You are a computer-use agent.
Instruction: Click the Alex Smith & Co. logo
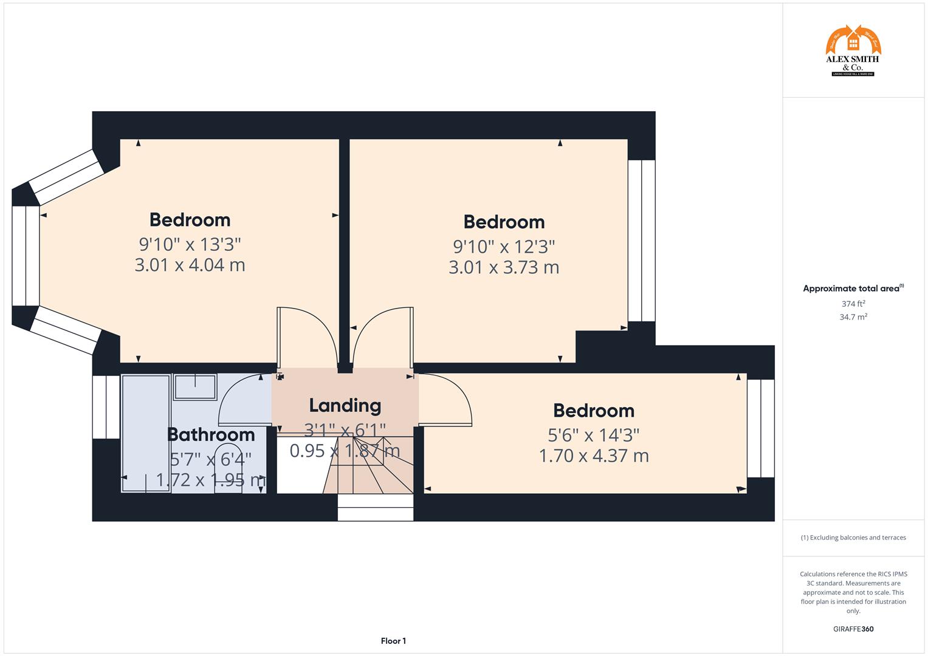(x=853, y=51)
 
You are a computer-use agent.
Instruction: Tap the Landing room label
(x=345, y=405)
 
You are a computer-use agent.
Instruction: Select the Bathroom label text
(x=211, y=434)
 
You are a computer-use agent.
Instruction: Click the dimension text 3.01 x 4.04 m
(x=190, y=265)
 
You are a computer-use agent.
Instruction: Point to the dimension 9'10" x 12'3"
(x=504, y=247)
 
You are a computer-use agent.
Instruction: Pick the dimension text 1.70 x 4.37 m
(x=594, y=456)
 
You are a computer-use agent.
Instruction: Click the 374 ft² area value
(x=853, y=304)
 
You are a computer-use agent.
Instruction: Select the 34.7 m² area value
(x=853, y=317)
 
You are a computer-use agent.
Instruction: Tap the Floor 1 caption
(x=393, y=641)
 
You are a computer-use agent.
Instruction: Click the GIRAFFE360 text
(x=853, y=629)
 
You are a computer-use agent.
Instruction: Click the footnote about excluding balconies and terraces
(x=853, y=538)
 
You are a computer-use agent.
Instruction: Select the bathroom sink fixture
(x=195, y=387)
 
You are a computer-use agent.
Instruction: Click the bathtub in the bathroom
(x=146, y=434)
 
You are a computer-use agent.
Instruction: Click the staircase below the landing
(x=371, y=471)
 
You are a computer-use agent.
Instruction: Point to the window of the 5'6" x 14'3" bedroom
(x=760, y=428)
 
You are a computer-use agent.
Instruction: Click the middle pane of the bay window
(x=26, y=256)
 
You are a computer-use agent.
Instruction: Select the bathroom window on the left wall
(x=106, y=407)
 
